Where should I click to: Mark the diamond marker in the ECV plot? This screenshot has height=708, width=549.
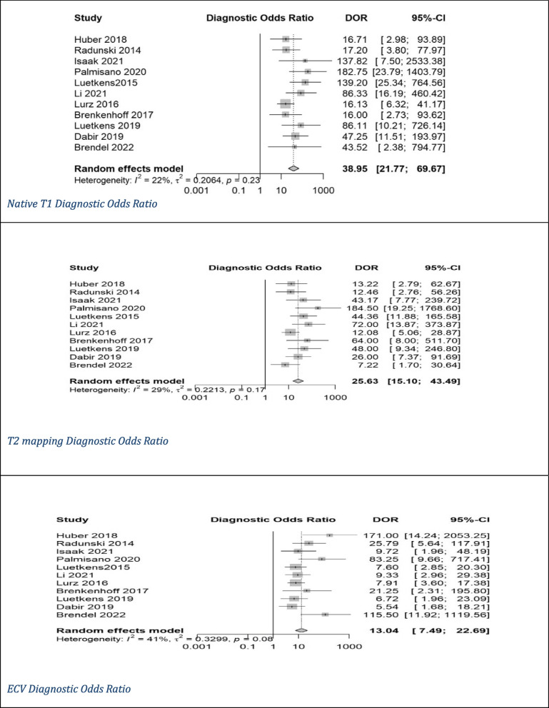(x=301, y=631)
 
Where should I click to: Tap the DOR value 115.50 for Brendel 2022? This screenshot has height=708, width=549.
(x=398, y=613)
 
